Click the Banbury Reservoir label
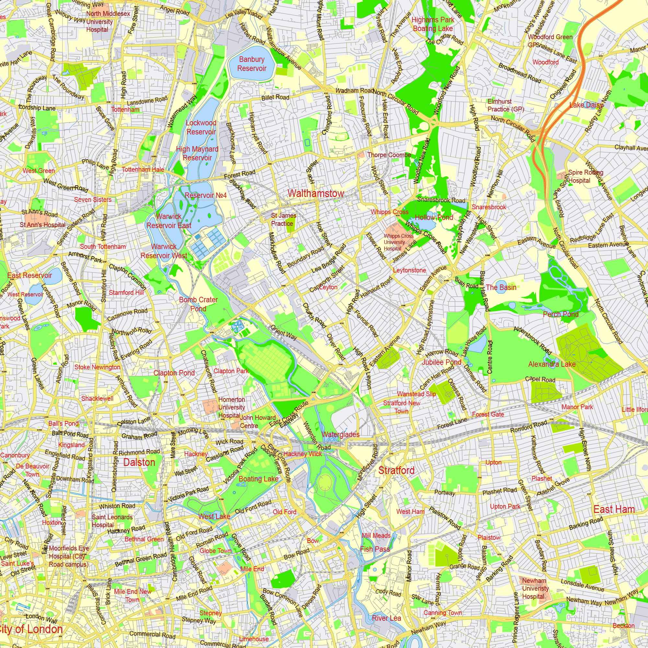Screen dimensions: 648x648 (251, 64)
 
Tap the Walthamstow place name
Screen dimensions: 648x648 (316, 193)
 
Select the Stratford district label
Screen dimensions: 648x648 (396, 470)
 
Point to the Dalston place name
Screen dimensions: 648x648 (139, 462)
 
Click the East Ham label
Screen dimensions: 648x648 (614, 509)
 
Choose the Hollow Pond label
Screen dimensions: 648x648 (434, 217)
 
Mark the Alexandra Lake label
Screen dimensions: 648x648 (552, 364)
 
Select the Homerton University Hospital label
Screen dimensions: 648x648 (231, 407)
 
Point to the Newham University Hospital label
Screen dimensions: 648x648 (535, 588)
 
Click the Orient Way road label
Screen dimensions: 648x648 (283, 332)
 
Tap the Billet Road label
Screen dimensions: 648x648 (275, 97)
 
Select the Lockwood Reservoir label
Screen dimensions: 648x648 (201, 127)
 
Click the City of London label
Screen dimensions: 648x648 (31, 629)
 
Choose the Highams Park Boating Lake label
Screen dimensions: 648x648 (433, 24)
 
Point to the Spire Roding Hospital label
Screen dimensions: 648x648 (585, 177)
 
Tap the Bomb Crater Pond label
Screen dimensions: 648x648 (198, 304)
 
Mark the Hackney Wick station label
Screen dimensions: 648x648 (302, 454)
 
